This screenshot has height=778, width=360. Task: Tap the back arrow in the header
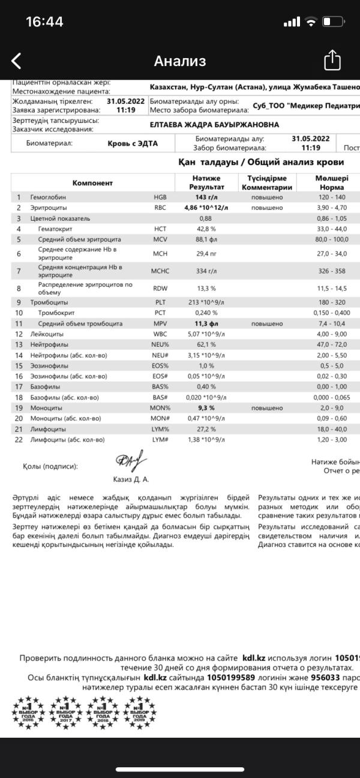coord(17,61)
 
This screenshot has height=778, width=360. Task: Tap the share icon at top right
coord(332,61)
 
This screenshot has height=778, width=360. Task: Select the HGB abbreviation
coord(160,197)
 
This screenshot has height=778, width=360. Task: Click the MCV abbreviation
coord(160,239)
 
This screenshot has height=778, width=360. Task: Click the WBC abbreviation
coord(160,334)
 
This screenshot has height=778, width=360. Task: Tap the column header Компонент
coord(92,183)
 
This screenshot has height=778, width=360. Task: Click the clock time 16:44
coord(44,22)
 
